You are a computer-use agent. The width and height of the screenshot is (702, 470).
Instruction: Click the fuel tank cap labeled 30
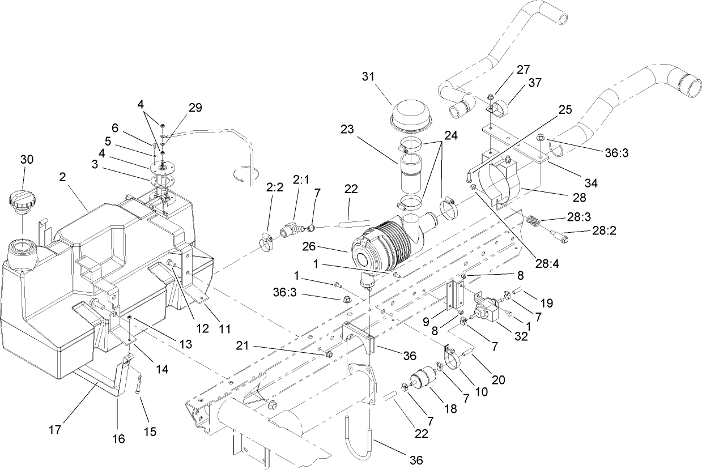[23, 202]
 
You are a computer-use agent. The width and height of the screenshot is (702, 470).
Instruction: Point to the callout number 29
[195, 107]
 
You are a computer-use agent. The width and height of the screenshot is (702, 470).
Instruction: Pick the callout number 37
[534, 83]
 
